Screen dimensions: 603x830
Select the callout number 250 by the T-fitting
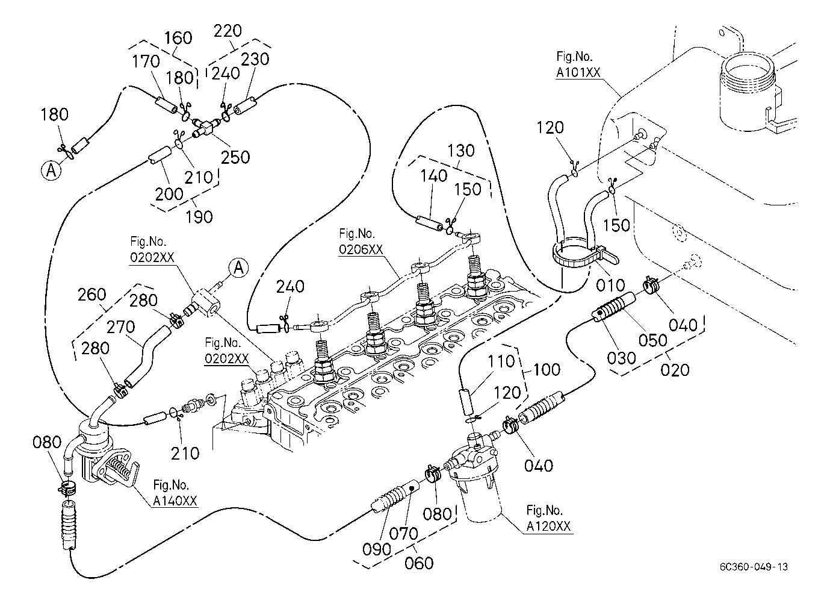235,157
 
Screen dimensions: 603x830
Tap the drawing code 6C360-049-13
753,567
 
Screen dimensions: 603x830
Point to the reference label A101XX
578,73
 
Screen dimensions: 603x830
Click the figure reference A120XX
548,526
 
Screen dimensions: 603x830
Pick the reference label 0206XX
361,250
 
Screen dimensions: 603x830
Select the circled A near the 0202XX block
239,267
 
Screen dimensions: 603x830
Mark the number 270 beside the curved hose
120,327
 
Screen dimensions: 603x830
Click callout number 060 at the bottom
419,563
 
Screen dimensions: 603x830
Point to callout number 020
675,369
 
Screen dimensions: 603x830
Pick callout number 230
255,59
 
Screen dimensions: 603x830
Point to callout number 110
502,361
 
